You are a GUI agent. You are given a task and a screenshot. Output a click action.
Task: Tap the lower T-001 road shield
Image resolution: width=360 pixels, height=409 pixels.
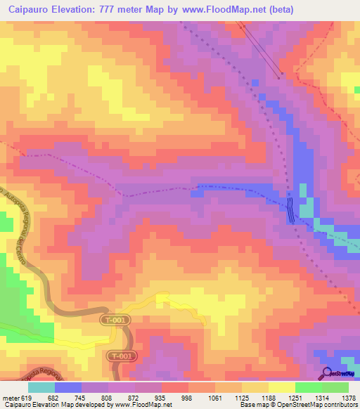click(121, 356)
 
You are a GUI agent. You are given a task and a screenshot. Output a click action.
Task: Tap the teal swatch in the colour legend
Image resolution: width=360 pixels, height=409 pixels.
click(41, 387)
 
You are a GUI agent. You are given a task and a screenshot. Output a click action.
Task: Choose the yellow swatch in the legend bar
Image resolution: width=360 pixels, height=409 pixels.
click(281, 387)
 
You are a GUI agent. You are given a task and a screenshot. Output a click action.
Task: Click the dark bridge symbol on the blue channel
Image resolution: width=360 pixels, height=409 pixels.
click(291, 209)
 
